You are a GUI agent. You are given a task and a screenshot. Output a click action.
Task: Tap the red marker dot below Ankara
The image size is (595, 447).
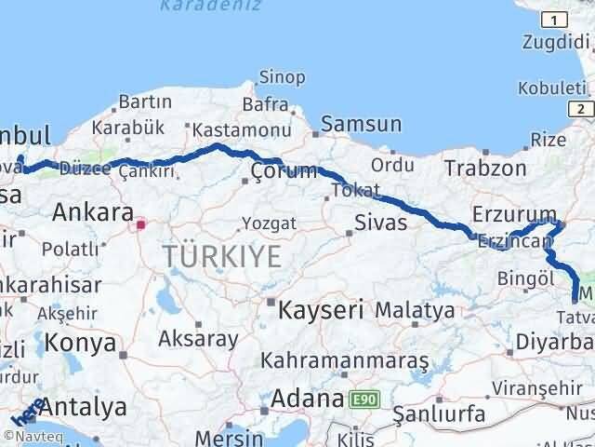coord(140,223)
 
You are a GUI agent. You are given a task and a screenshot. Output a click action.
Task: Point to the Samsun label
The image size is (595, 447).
coord(362,124)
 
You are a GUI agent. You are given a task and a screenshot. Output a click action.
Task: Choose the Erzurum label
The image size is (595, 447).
coord(513,213)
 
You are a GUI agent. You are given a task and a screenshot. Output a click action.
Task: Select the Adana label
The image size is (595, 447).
coord(308,400)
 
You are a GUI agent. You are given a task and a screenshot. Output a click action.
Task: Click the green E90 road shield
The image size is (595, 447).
coord(364,400)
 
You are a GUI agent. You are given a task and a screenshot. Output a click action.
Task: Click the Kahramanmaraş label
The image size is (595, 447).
coord(344,359)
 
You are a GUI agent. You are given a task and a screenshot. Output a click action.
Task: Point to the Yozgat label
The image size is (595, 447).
coord(269,223)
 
